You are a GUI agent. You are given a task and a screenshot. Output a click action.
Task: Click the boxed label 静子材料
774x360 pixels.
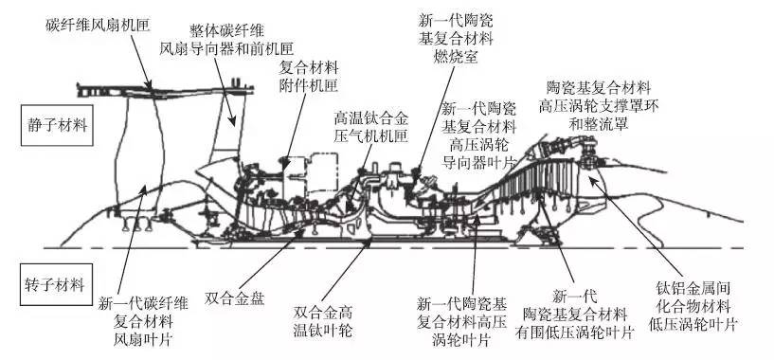[57, 125]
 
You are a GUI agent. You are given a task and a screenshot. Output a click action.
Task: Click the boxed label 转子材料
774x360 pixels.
[56, 285]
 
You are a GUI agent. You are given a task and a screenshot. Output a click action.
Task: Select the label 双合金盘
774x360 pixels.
[235, 297]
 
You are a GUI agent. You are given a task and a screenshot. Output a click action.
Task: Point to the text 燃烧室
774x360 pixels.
[456, 57]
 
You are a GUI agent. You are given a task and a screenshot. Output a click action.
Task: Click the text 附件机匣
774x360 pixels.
[309, 85]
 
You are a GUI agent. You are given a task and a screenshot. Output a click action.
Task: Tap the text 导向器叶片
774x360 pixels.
[478, 162]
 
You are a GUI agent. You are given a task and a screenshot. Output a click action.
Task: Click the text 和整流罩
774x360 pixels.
[599, 123]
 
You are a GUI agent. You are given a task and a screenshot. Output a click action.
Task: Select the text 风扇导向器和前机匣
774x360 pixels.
[226, 49]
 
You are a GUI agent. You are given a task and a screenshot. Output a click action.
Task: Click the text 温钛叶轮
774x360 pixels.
[323, 330]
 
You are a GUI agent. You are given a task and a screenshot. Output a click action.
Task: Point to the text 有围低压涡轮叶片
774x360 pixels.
[574, 332]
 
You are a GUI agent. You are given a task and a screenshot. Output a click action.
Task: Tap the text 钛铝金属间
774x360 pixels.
[693, 288]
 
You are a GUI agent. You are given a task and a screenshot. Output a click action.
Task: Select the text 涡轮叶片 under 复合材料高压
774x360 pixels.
[461, 340]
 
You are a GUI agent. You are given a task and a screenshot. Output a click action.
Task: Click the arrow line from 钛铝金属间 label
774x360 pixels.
[636, 227]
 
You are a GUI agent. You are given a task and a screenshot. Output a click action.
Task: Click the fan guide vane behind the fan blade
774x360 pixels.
[228, 129]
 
